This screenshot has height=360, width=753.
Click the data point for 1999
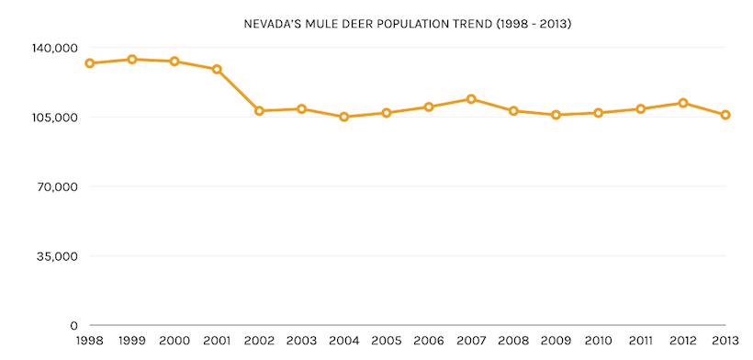132,60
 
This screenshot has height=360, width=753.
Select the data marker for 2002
259,111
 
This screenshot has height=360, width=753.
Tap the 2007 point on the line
471,99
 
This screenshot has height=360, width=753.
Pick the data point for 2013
725,115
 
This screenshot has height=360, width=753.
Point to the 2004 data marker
344,117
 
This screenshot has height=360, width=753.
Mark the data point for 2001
217,69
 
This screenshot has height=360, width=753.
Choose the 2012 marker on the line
683,103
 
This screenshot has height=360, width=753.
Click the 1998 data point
90,63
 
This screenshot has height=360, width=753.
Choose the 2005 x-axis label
387,342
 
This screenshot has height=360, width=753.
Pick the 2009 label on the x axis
556,342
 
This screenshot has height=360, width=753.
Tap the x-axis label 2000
174,342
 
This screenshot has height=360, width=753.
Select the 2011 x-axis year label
640,342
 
